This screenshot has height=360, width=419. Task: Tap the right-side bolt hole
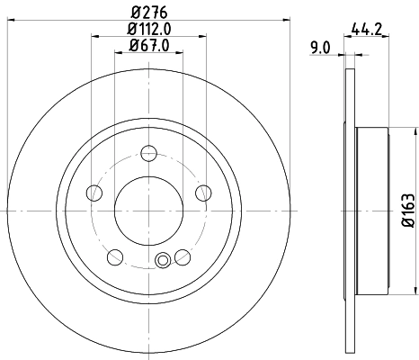(202, 192)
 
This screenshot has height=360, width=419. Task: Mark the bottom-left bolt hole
(114, 257)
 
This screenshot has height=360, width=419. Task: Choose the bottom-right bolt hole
(183, 256)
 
